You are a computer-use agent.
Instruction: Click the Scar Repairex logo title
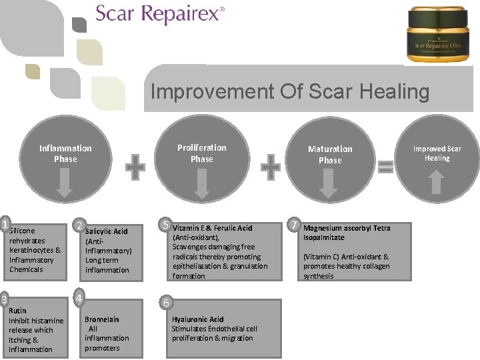click(x=159, y=14)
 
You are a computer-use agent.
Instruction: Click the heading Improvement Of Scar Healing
click(x=290, y=91)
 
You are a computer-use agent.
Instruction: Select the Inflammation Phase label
click(x=65, y=153)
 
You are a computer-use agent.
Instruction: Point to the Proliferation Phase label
click(x=201, y=153)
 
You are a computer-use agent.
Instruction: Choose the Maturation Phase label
click(x=330, y=154)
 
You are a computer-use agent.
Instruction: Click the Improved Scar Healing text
click(x=437, y=153)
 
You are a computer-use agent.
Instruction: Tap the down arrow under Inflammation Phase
click(x=65, y=183)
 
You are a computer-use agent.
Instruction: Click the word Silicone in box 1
click(x=22, y=231)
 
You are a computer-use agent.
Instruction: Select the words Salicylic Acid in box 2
click(x=106, y=231)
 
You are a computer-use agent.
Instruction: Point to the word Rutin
click(x=18, y=311)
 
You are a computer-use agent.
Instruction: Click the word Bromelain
click(x=101, y=319)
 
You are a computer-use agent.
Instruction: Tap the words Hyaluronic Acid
click(x=197, y=319)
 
